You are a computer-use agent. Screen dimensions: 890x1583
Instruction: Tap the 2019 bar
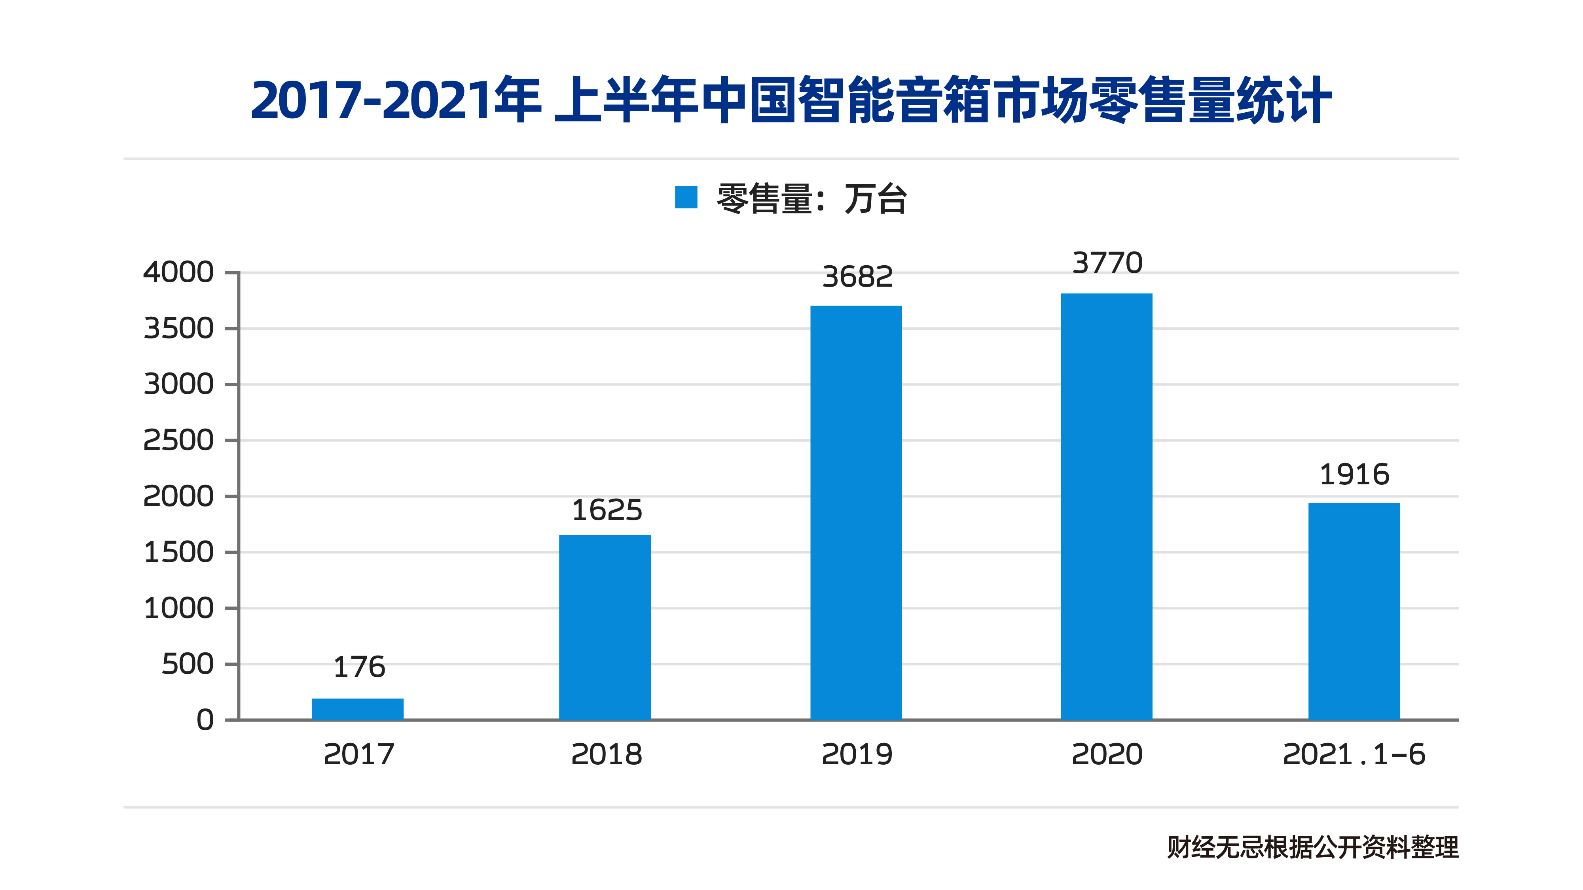click(856, 512)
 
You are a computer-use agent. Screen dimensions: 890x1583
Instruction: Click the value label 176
click(359, 667)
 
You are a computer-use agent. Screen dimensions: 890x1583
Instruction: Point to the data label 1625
click(607, 510)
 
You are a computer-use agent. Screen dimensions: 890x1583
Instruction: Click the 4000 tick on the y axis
click(178, 272)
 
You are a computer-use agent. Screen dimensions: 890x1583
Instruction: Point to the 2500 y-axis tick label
click(178, 440)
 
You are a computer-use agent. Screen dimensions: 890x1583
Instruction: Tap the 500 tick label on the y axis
click(188, 664)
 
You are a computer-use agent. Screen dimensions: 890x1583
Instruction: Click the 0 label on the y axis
click(205, 720)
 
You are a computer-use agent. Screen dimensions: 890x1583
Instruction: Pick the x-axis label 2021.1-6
click(1354, 754)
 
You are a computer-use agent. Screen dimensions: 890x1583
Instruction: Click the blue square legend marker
click(686, 197)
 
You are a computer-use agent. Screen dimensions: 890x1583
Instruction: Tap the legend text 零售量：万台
click(811, 198)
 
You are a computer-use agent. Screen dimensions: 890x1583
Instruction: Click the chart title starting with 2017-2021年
click(791, 100)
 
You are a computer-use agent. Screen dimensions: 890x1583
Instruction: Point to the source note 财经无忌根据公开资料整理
click(1313, 847)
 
